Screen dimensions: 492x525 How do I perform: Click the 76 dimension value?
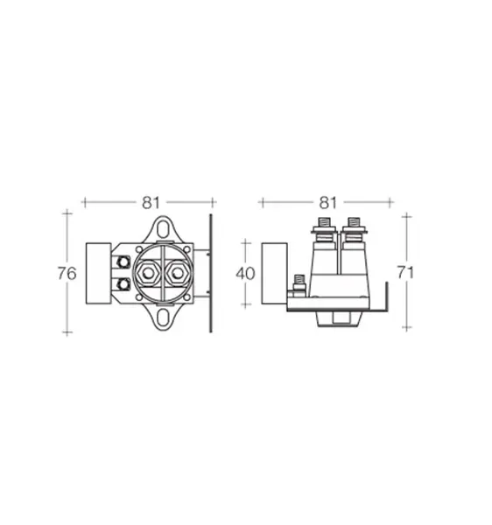click(x=67, y=274)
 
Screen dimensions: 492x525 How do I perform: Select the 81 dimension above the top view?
click(x=151, y=203)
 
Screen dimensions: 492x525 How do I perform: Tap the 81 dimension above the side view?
click(x=327, y=203)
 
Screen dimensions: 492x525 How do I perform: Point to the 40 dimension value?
click(x=245, y=274)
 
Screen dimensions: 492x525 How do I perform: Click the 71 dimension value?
click(x=405, y=272)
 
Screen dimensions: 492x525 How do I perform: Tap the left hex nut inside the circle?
click(x=148, y=274)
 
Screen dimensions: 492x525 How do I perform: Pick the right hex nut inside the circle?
click(x=177, y=274)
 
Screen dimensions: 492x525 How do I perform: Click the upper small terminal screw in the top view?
click(x=124, y=262)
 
